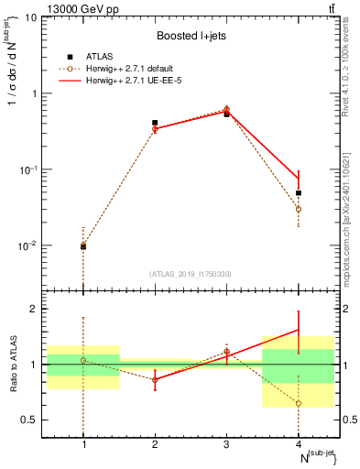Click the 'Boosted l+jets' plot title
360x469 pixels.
[191, 36]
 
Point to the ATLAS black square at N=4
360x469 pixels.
[299, 193]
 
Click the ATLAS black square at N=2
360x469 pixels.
[155, 123]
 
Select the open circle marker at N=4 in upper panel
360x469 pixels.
[299, 209]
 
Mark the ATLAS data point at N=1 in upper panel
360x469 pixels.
[83, 246]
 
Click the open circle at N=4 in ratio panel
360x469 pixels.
[299, 403]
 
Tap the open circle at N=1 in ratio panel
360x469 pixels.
[83, 360]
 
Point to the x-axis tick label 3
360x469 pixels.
[226, 444]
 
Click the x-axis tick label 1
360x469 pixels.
[83, 444]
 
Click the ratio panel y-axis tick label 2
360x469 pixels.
[35, 309]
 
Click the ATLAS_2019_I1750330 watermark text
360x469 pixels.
[191, 274]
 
